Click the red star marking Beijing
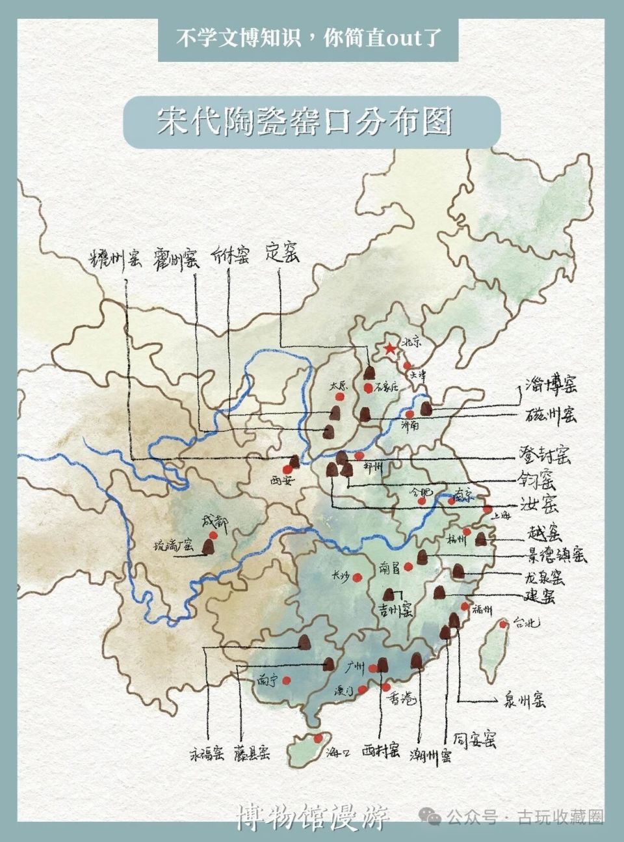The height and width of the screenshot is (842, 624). [x=389, y=349]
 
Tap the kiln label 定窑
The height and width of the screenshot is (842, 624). [x=283, y=254]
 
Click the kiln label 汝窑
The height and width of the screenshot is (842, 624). [x=539, y=505]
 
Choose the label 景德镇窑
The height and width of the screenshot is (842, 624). [x=555, y=556]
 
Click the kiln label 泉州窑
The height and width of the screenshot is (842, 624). [x=524, y=700]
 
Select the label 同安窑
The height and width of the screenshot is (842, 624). [x=475, y=740]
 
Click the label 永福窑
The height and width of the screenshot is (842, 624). [x=207, y=754]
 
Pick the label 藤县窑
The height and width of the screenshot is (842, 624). [x=252, y=754]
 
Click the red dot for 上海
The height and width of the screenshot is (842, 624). [x=487, y=510]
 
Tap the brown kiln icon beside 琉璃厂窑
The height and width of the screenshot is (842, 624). [x=209, y=545]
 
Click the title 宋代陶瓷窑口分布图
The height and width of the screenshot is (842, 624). [x=304, y=122]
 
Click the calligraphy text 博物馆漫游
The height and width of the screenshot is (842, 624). [x=313, y=816]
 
